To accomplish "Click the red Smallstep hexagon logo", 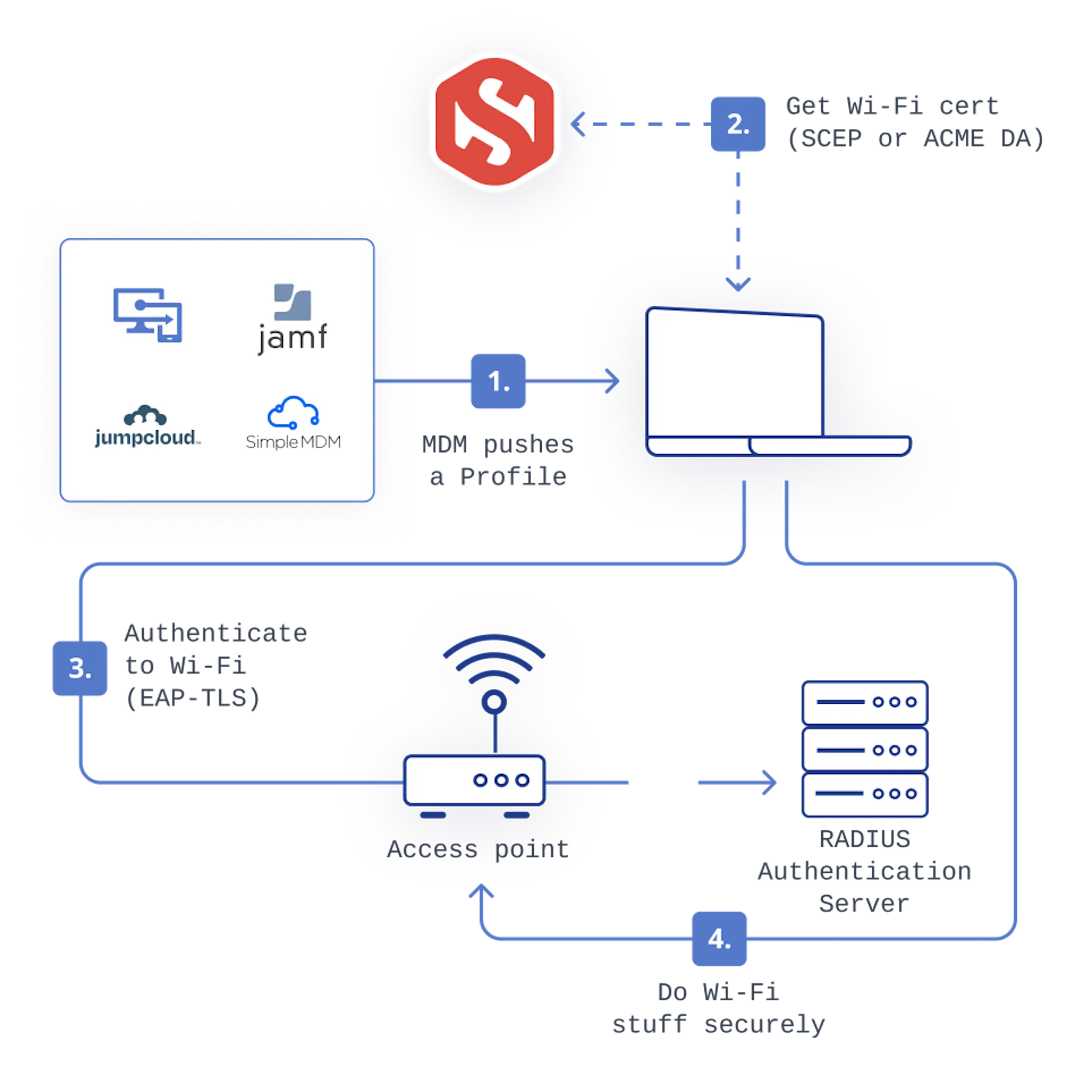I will tap(494, 121).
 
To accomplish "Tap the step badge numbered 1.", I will tap(498, 382).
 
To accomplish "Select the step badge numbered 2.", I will tap(737, 124).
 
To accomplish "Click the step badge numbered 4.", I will tap(719, 939).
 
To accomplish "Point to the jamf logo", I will tap(292, 319).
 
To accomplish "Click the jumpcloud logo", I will tap(146, 427).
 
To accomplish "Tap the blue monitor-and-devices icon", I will tap(148, 315).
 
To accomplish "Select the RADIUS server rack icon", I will tap(865, 749).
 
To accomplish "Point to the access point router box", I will tap(473, 781).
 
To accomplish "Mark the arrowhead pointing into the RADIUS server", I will tap(770, 783).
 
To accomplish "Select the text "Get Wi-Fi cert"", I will tap(892, 106).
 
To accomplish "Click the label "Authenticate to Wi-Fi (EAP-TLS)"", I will tap(215, 665).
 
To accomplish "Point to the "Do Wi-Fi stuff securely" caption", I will tap(719, 1007).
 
